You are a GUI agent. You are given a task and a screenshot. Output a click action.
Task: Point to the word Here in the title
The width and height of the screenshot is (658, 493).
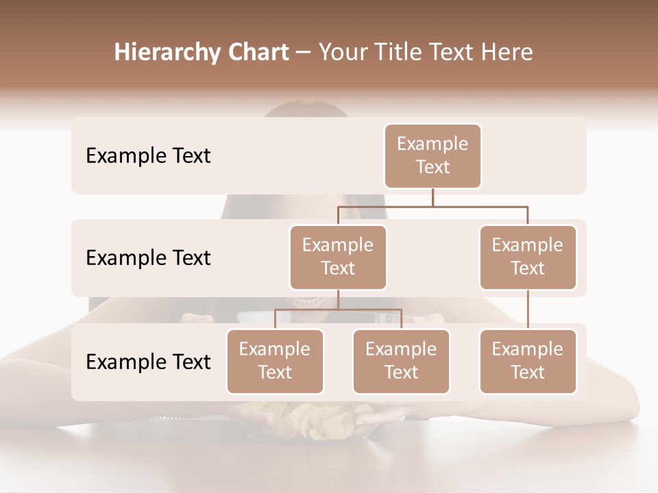pyautogui.click(x=507, y=53)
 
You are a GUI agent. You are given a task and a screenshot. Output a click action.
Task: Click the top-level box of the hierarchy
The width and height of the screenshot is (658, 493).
pyautogui.click(x=432, y=156)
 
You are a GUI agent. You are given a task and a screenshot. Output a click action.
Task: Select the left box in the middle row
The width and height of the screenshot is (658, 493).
pyautogui.click(x=338, y=257)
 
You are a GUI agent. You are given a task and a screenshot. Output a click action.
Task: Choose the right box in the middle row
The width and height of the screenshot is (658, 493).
pyautogui.click(x=528, y=257)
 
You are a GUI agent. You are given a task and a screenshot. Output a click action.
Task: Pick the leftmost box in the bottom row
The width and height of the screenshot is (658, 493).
pyautogui.click(x=275, y=362)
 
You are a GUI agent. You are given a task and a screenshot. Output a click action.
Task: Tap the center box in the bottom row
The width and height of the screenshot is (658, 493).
pyautogui.click(x=401, y=362)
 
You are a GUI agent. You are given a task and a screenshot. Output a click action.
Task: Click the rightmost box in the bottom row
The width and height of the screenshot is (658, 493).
pyautogui.click(x=528, y=362)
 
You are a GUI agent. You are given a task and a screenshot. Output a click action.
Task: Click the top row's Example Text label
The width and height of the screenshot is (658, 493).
pyautogui.click(x=148, y=156)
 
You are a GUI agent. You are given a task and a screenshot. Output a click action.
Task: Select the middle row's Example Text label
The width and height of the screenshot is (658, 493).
pyautogui.click(x=148, y=258)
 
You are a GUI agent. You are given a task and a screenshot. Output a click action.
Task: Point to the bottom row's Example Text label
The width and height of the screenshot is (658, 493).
pyautogui.click(x=148, y=362)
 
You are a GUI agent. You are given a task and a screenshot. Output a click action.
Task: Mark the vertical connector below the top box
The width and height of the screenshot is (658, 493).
pyautogui.click(x=432, y=197)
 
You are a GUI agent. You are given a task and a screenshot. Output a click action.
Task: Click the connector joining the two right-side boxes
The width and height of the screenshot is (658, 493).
pyautogui.click(x=528, y=309)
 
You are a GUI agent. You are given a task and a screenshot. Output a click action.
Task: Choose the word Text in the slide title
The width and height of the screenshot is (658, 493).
pyautogui.click(x=453, y=53)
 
